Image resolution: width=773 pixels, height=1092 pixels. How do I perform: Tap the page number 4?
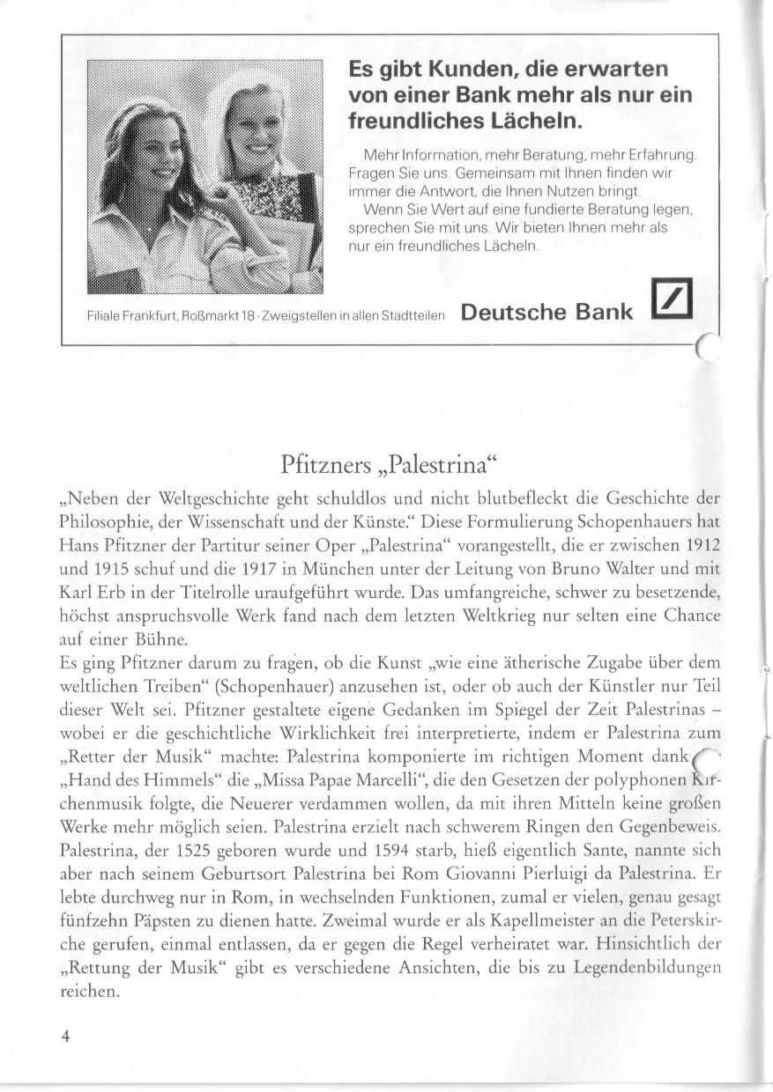[x=65, y=1036]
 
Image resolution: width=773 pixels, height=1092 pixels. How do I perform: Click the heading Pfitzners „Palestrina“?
[x=388, y=462]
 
